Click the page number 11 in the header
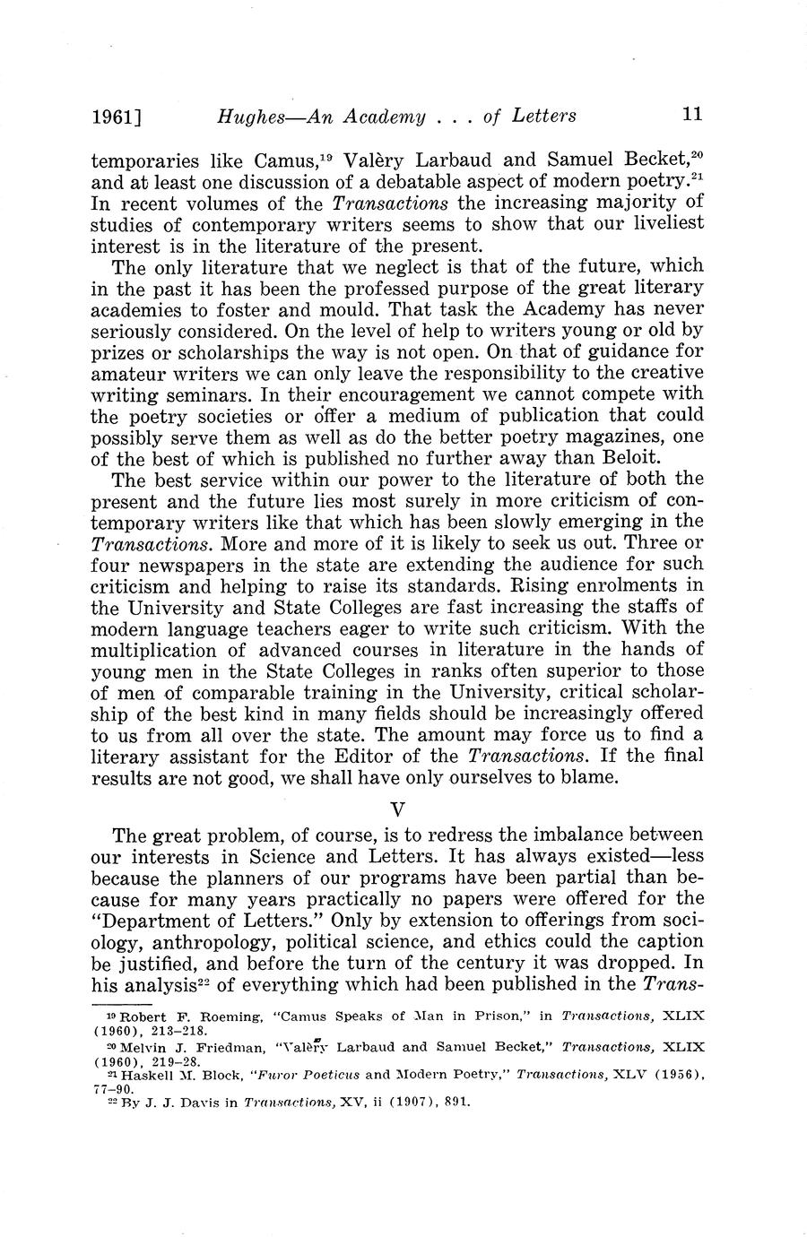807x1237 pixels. click(691, 115)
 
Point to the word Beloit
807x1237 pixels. click(673, 457)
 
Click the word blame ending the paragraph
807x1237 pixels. click(591, 777)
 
